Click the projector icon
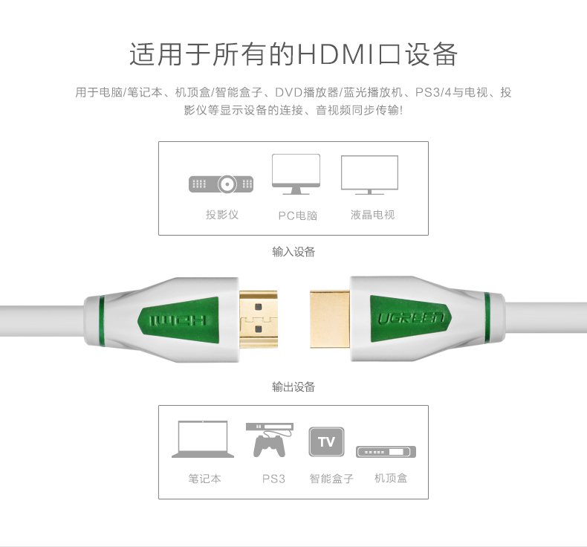pyautogui.click(x=221, y=183)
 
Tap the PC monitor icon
pyautogui.click(x=296, y=174)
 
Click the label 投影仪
pyautogui.click(x=221, y=215)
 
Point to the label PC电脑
pyautogui.click(x=298, y=216)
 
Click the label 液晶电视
pyautogui.click(x=372, y=215)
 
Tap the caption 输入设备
pyautogui.click(x=293, y=252)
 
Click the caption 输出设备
pyautogui.click(x=293, y=386)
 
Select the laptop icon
pyautogui.click(x=203, y=440)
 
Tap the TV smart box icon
pyautogui.click(x=327, y=442)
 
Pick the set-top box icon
pyautogui.click(x=386, y=452)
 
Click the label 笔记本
pyautogui.click(x=204, y=479)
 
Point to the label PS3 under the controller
pyautogui.click(x=273, y=479)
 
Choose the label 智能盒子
pyautogui.click(x=331, y=479)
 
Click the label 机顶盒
pyautogui.click(x=391, y=478)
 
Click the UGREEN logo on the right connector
pyautogui.click(x=411, y=320)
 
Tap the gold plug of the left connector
pyautogui.click(x=258, y=320)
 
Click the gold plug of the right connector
pyautogui.click(x=329, y=320)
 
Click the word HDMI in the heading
pyautogui.click(x=337, y=55)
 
